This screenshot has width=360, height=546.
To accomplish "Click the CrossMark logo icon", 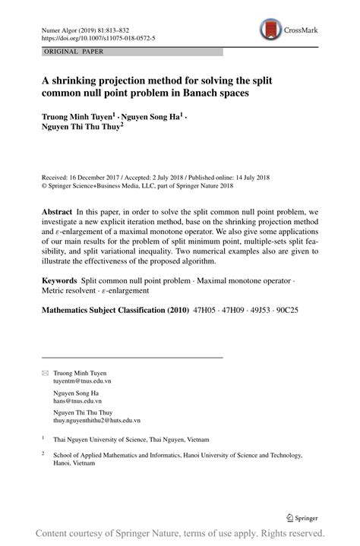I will pyautogui.click(x=270, y=30).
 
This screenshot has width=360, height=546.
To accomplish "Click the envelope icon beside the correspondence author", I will pyautogui.click(x=45, y=374).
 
